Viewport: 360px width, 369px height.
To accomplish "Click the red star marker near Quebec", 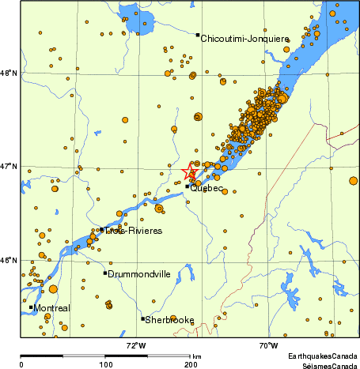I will point(190,172).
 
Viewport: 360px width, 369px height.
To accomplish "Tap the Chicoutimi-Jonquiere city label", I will point(244,38).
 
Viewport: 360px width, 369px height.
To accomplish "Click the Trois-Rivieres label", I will point(135,231).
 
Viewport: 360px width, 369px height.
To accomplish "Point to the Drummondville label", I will point(139,274).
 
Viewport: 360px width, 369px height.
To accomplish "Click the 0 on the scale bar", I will point(21,364).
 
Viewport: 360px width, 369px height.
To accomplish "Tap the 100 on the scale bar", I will point(105,364).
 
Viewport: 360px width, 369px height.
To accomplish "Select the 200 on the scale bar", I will point(190,364).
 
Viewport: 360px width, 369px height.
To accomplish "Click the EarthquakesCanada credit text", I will point(322,357).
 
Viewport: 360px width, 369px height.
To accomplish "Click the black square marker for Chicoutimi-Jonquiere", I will point(198,35).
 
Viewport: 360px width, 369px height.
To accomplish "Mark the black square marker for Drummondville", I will point(104,273).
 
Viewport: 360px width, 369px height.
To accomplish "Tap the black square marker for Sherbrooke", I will point(142,319).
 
